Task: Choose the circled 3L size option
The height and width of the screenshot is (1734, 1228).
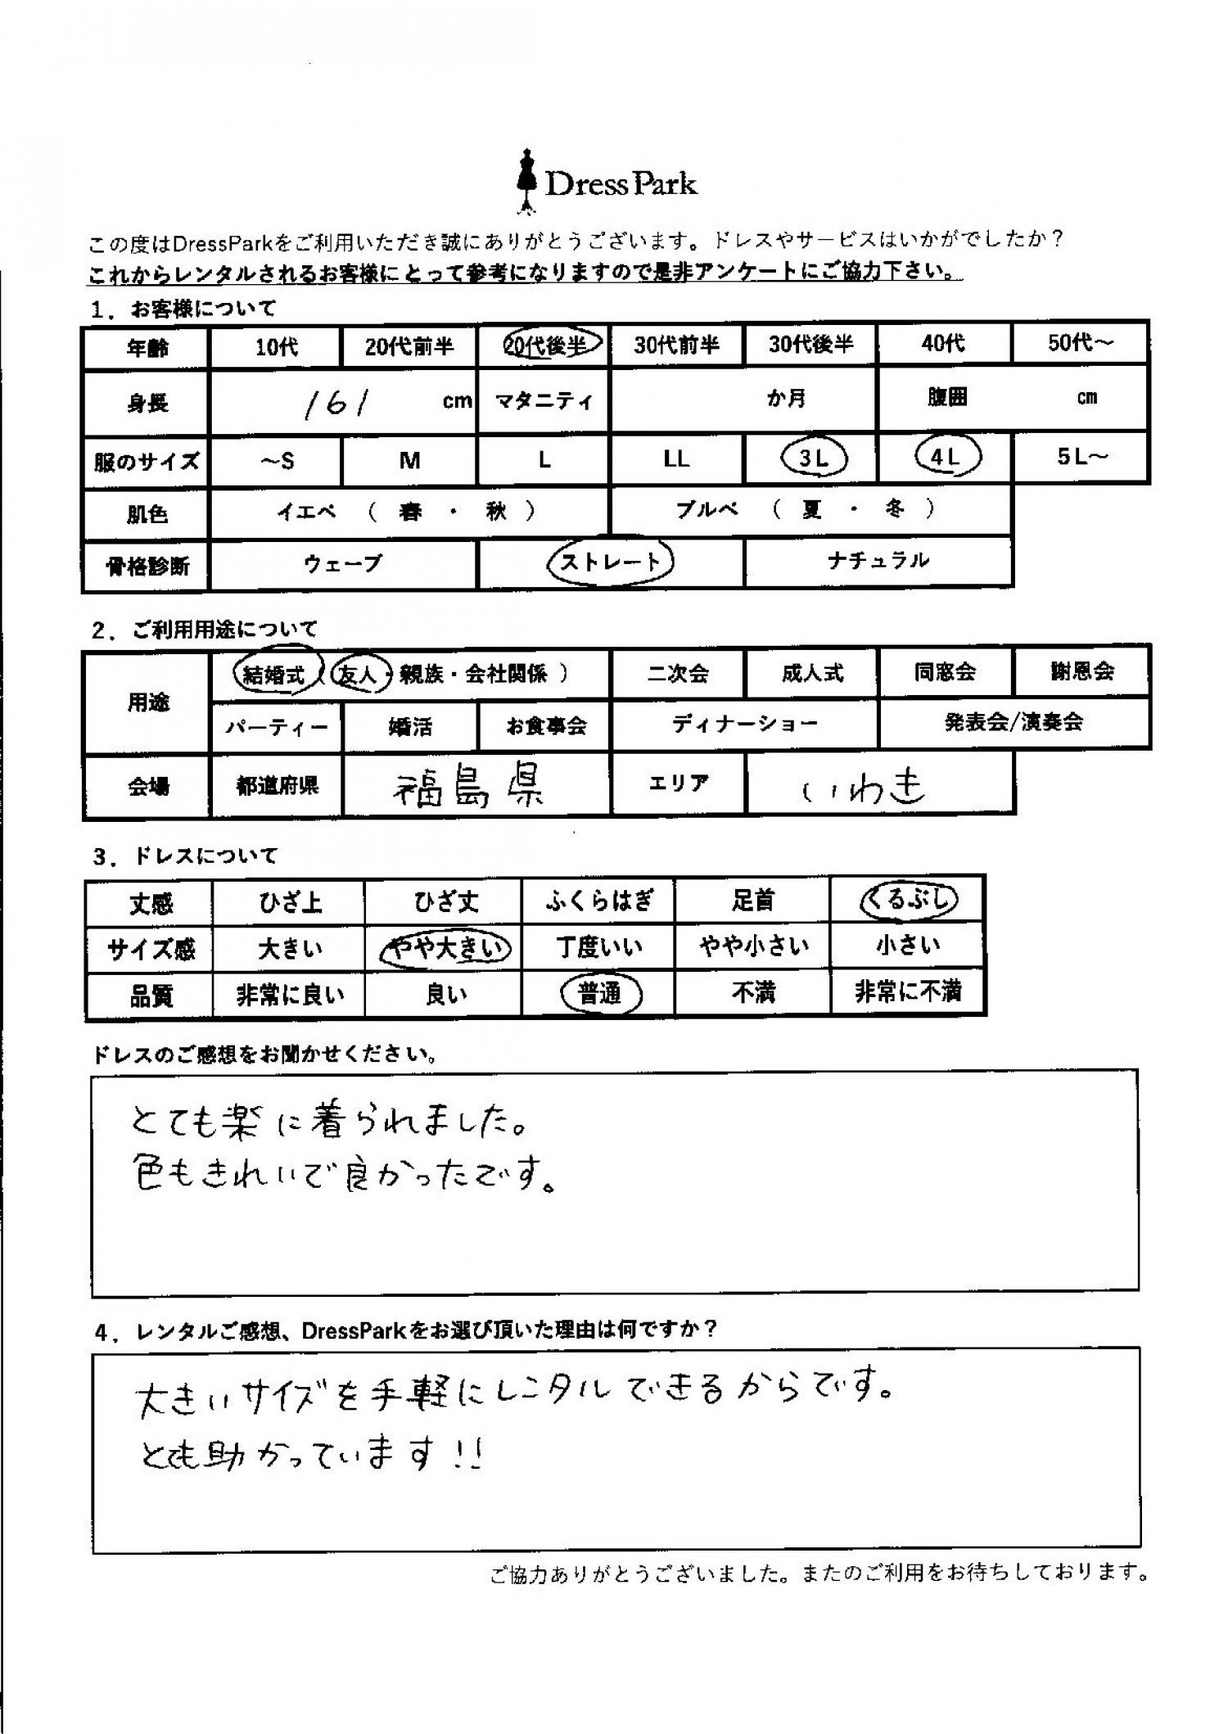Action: coord(812,458)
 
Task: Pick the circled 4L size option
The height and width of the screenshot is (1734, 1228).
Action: coord(946,458)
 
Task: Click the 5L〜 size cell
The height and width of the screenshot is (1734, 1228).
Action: coord(1081,457)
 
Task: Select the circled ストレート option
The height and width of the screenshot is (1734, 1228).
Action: coord(610,562)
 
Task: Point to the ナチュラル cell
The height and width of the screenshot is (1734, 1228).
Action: coord(878,561)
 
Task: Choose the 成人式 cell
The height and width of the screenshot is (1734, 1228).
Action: coord(811,673)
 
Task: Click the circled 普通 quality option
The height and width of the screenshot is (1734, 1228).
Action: coord(600,994)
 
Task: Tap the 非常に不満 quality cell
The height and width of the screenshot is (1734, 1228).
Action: coord(907,992)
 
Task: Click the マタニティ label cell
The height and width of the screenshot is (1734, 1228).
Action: coord(543,401)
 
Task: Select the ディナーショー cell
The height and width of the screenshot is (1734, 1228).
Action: coord(744,724)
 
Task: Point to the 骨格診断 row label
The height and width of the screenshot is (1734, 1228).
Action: coord(147,566)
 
